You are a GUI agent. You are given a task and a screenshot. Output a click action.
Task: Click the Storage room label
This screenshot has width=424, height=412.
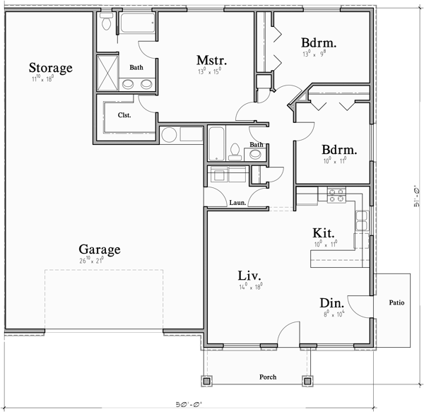(51, 68)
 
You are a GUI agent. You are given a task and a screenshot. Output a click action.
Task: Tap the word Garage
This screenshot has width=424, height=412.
(99, 249)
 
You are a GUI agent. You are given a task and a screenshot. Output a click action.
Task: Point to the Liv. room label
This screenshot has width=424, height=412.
(250, 274)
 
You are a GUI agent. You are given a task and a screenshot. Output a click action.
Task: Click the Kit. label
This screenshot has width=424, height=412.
(324, 233)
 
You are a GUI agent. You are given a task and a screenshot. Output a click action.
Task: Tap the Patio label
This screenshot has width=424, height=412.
(396, 303)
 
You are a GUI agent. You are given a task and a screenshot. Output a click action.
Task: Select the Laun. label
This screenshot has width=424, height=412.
(237, 203)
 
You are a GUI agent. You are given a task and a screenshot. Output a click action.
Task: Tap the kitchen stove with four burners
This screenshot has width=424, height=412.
(334, 194)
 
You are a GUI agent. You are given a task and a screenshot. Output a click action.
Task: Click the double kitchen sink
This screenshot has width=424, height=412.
(362, 222)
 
